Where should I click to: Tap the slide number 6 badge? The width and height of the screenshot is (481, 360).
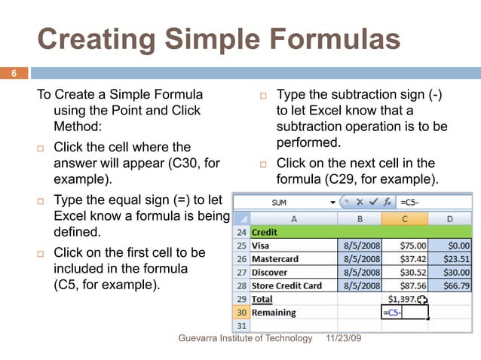[13, 73]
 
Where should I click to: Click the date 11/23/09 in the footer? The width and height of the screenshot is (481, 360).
[344, 339]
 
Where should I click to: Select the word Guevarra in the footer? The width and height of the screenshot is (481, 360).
[198, 339]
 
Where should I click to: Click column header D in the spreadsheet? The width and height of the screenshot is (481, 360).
[450, 218]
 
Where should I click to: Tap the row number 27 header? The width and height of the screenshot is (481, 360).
[242, 272]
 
